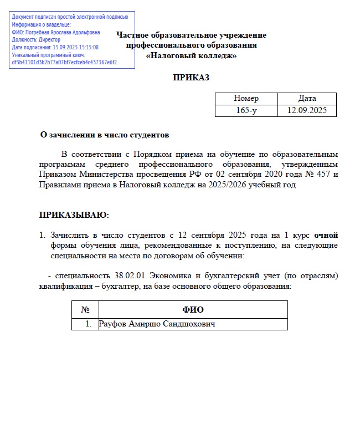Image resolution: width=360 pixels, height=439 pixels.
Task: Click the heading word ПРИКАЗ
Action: [x=191, y=78]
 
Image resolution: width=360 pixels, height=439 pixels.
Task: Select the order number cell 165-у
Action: [x=246, y=110]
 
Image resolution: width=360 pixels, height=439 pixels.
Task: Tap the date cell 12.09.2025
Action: [x=307, y=110]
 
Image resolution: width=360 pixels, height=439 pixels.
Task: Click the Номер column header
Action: [x=246, y=98]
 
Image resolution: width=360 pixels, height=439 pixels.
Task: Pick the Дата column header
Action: [x=307, y=98]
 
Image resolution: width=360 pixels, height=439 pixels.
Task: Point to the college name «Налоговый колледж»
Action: [x=191, y=55]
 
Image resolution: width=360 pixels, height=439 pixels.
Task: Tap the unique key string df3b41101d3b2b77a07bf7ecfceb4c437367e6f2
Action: [x=64, y=62]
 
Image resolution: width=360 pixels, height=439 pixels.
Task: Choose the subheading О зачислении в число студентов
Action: [x=105, y=135]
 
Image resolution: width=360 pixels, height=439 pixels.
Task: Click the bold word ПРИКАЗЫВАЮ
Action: [x=74, y=215]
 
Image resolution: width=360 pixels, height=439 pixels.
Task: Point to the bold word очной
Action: [x=326, y=235]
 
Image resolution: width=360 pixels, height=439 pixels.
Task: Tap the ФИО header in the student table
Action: [x=193, y=309]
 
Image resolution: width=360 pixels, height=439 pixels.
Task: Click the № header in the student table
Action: [x=85, y=309]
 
